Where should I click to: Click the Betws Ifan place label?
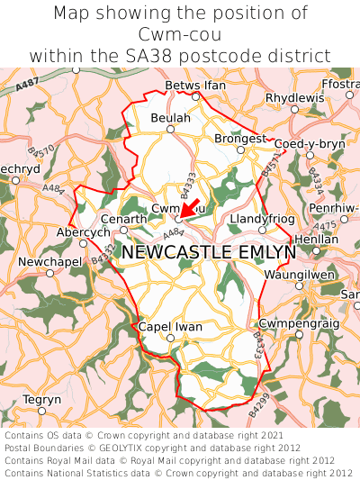195,86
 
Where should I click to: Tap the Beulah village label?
171,118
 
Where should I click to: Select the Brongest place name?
240,139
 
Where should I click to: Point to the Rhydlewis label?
293,97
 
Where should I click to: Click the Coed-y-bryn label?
309,144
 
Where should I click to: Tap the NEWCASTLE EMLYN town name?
208,252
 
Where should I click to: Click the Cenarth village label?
124,219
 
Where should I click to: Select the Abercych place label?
83,231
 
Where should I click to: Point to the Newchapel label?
49,262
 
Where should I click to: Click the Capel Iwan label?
170,327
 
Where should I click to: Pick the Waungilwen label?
299,275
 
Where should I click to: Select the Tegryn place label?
41,399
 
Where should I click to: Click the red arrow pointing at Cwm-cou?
191,206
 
